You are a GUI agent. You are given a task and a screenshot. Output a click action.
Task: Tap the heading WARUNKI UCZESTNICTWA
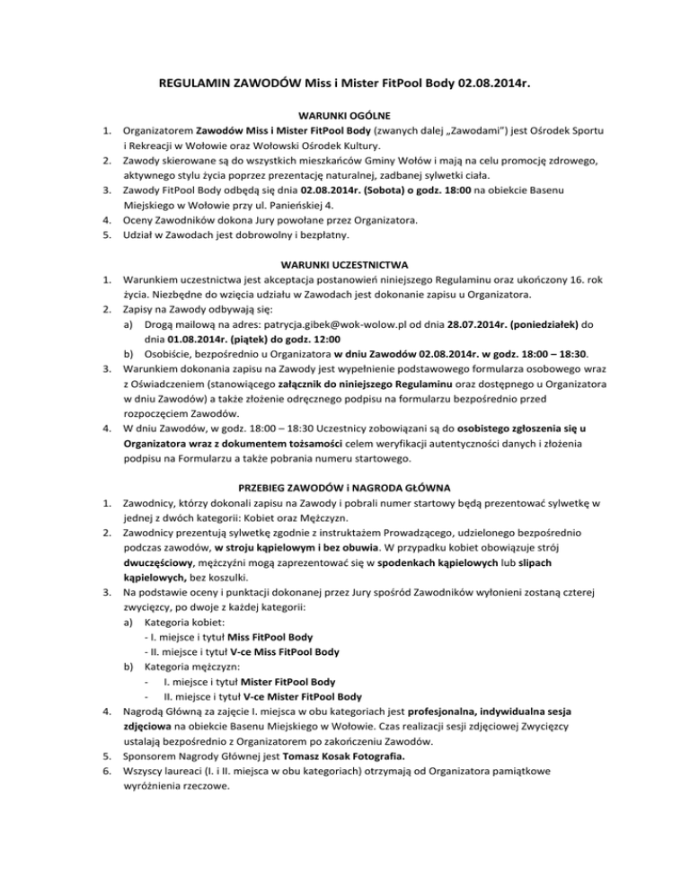[x=344, y=264]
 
